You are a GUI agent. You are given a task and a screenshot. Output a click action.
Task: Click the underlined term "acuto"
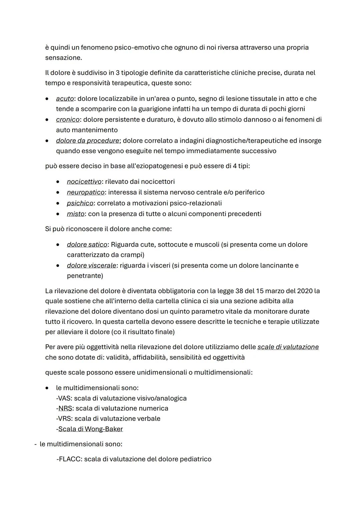tap(65, 99)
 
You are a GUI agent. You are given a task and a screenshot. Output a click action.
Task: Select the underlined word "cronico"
tap(68, 119)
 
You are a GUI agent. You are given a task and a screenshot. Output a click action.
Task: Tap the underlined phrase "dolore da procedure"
tap(87, 141)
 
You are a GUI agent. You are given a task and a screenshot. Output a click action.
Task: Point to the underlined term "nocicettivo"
tap(84, 182)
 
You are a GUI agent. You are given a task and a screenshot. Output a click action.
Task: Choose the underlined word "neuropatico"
tap(86, 192)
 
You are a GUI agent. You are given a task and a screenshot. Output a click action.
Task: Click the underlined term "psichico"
tap(80, 203)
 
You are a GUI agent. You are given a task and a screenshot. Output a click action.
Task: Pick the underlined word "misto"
tap(75, 214)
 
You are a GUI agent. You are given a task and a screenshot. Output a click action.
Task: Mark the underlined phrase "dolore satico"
tap(87, 244)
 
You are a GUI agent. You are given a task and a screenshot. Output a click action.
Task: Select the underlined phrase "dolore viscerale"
tap(91, 266)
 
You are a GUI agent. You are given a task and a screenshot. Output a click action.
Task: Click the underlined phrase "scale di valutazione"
tap(288, 347)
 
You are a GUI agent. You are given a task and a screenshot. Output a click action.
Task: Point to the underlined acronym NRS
tap(65, 408)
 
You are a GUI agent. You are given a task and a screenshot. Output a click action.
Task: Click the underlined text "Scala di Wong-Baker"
tap(90, 429)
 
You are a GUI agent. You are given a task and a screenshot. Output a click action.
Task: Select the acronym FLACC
tap(69, 459)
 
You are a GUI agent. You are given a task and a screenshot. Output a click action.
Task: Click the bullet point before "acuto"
tap(48, 99)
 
